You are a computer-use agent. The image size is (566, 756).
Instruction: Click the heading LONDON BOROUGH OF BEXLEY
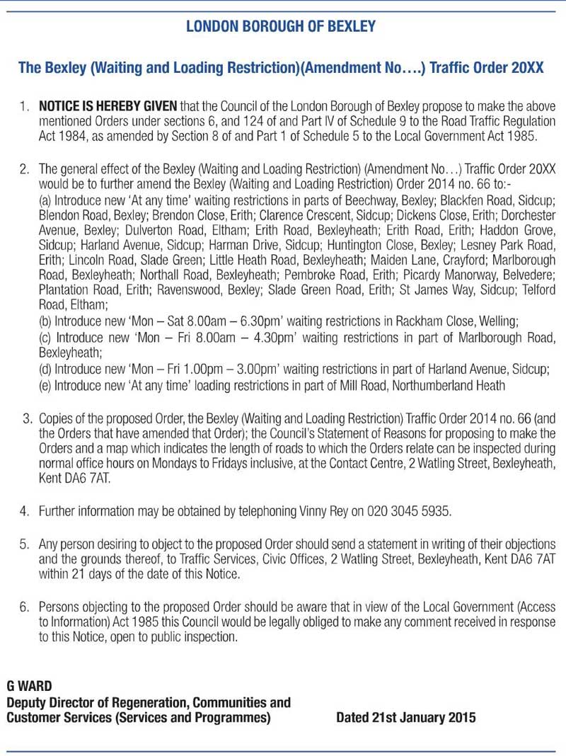[281, 27]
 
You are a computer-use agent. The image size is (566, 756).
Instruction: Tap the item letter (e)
[47, 385]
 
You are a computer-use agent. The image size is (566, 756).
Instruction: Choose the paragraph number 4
[25, 510]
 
